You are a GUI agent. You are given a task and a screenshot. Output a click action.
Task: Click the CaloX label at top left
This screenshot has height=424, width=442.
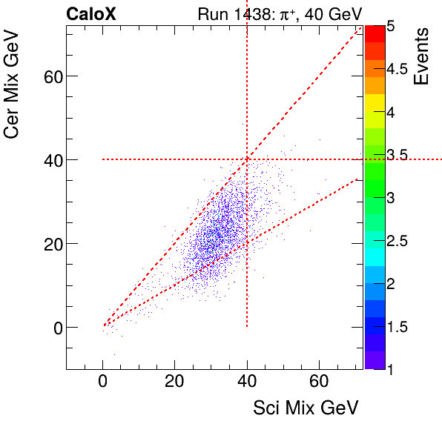(x=90, y=13)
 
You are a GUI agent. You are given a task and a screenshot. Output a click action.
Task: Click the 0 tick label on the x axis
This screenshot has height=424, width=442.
(x=103, y=382)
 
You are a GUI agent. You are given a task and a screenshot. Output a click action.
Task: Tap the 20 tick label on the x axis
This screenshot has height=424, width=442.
(x=174, y=382)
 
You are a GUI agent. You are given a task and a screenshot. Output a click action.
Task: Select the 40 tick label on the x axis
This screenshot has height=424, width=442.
(x=247, y=382)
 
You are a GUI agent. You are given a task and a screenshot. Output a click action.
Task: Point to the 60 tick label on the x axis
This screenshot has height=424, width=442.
(x=319, y=382)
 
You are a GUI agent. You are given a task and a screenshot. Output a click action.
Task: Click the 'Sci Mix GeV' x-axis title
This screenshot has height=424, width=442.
(x=306, y=408)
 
